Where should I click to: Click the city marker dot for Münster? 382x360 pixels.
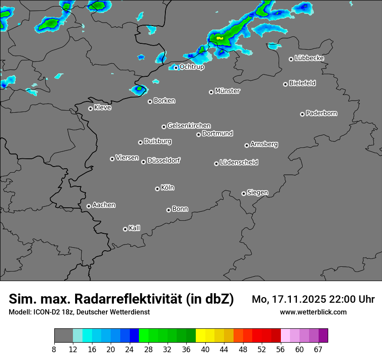tap(211, 92)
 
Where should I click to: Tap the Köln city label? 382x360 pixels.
tap(168, 188)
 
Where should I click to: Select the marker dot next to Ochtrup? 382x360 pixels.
tap(176, 68)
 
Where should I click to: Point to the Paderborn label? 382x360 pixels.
tap(322, 113)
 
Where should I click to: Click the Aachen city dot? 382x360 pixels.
tap(89, 206)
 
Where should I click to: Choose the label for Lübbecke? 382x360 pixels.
tap(310, 58)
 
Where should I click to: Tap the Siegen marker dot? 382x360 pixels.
tap(244, 193)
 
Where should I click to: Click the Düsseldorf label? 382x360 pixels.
tap(164, 160)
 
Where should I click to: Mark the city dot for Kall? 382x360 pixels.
tap(125, 229)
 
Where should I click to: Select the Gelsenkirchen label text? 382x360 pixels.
tap(189, 126)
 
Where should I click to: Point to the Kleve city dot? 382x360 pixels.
tap(90, 108)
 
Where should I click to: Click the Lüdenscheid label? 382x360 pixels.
tap(239, 163)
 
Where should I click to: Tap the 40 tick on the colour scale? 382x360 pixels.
tap(205, 350)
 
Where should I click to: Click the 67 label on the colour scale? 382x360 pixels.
tap(318, 350)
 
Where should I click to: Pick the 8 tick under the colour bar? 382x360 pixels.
tap(54, 350)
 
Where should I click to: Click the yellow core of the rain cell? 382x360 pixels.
tap(220, 38)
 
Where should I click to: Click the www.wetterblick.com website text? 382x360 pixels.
tap(313, 312)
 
